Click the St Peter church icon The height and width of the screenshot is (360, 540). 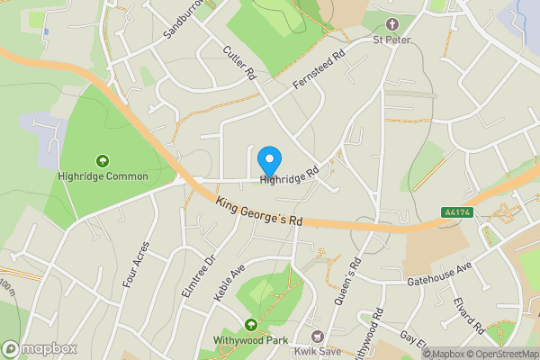pos(391,24)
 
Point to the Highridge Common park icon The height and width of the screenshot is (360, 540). pos(102,160)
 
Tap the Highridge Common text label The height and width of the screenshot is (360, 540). pos(102,176)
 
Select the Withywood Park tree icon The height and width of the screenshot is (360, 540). pos(250,325)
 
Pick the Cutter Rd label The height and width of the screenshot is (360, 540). pos(239,63)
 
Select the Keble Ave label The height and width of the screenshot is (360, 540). pos(229,283)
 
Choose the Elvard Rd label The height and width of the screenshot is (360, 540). pos(470,314)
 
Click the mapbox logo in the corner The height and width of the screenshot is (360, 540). pos(40,348)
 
